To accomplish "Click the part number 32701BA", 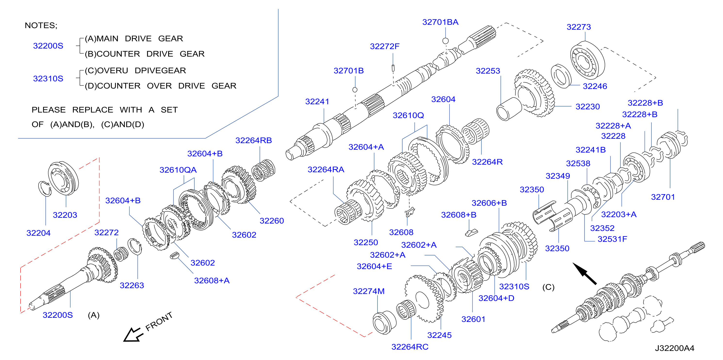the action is [x=440, y=22].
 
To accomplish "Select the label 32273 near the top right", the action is [x=578, y=27].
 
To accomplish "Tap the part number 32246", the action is [x=595, y=86].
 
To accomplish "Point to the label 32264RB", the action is [x=254, y=140].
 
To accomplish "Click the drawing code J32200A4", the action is [x=674, y=348].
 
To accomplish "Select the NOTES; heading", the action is [x=41, y=25].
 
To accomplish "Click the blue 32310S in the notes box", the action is [x=48, y=79].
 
